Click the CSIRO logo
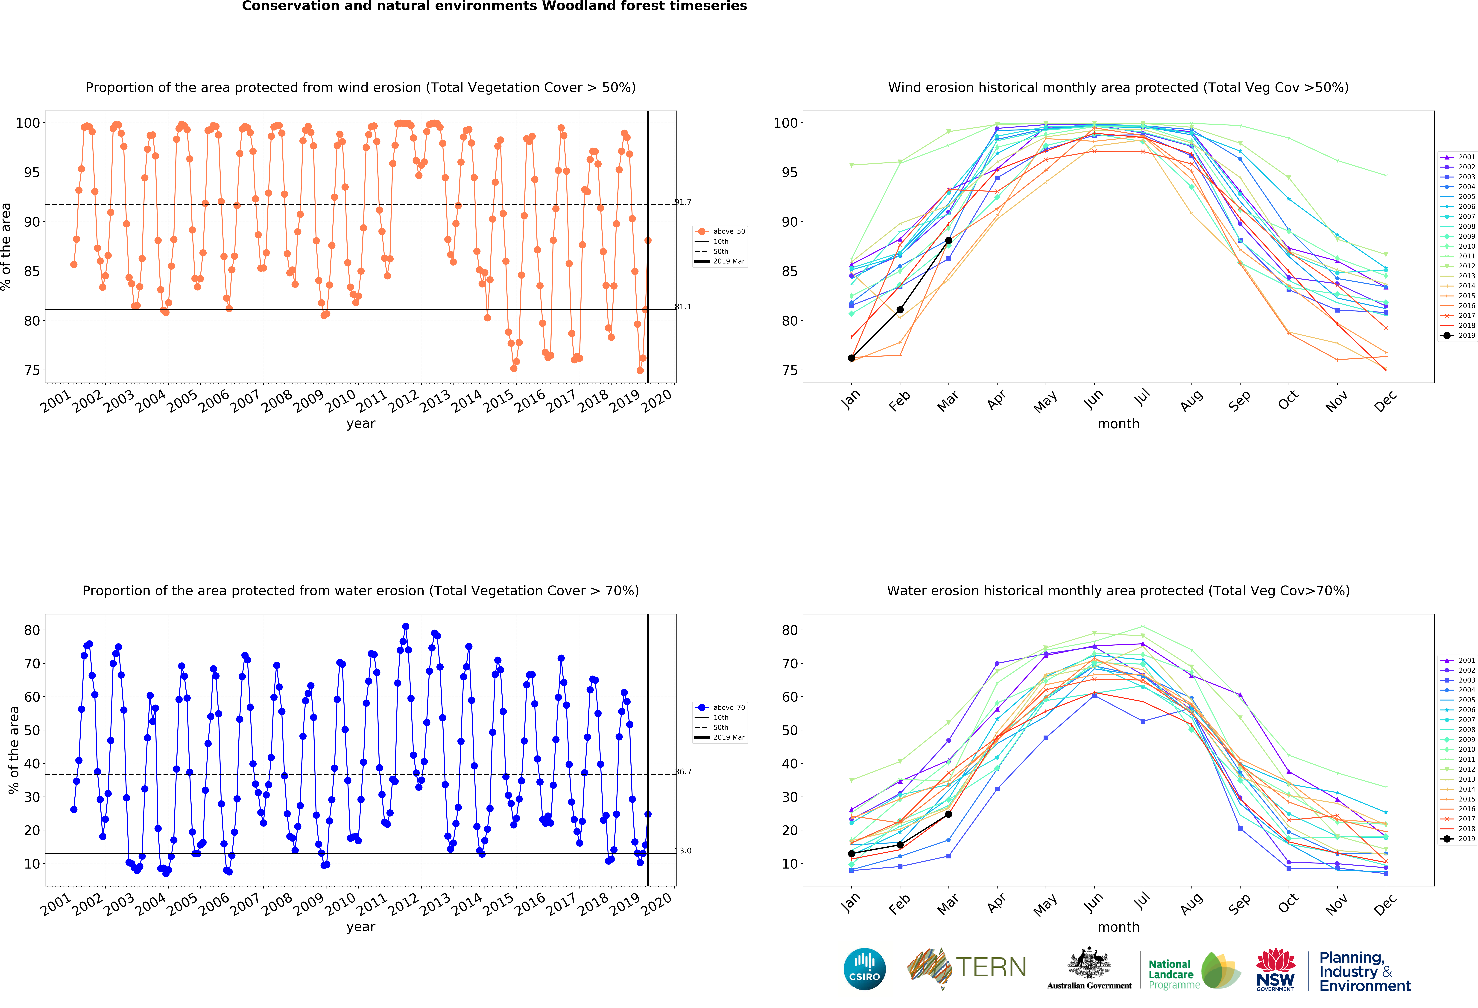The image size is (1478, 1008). click(864, 969)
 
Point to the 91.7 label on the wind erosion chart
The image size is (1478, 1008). click(683, 202)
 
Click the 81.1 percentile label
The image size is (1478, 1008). click(683, 307)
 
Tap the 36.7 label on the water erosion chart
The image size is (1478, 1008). click(683, 772)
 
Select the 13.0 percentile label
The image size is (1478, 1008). click(683, 851)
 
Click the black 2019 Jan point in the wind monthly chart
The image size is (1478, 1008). click(852, 358)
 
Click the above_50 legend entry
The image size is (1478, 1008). click(720, 232)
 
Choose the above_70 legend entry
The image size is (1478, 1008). click(720, 708)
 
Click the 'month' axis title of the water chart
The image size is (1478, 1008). click(1118, 927)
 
